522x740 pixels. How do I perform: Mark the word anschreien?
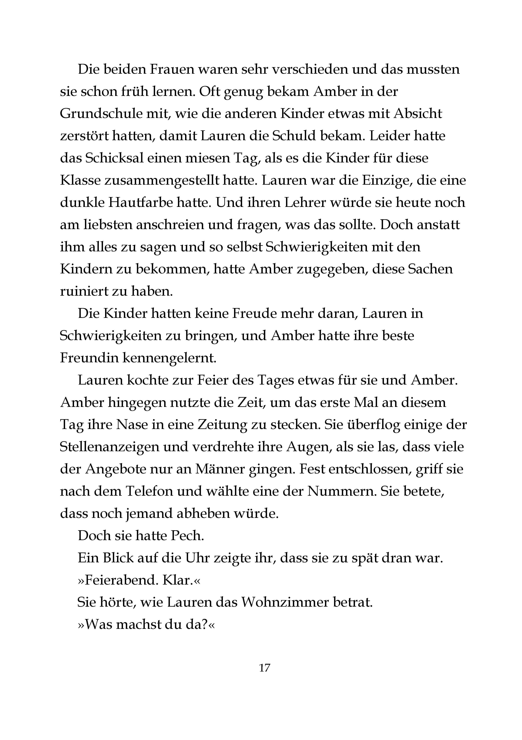(169, 225)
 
